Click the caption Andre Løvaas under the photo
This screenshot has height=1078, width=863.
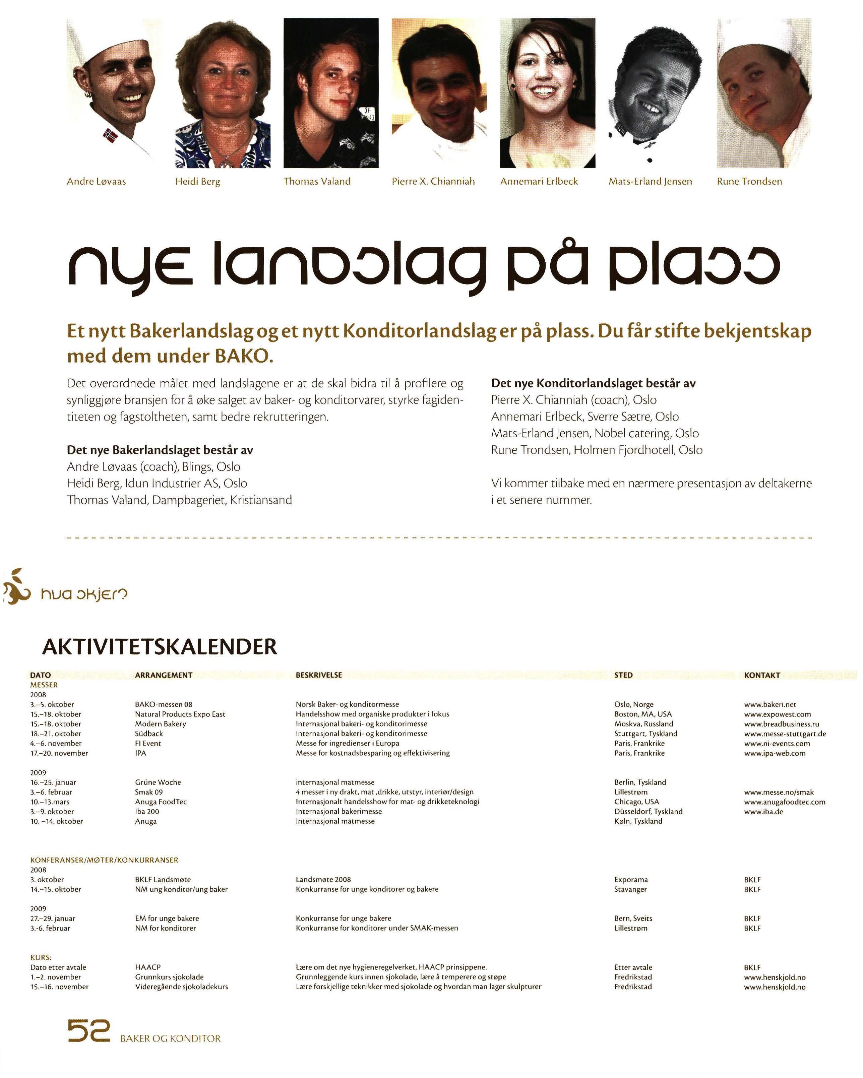[x=97, y=182]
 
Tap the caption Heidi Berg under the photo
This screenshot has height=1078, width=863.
[x=197, y=182]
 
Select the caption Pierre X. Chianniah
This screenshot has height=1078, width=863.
[x=433, y=182]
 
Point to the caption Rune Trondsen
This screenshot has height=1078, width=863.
[x=749, y=182]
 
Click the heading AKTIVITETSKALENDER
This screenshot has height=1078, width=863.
[x=160, y=646]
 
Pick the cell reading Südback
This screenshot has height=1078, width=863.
[x=149, y=734]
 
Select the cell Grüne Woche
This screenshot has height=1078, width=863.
[x=158, y=782]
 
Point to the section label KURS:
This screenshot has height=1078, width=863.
[x=41, y=957]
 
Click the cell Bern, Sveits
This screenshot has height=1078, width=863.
[x=633, y=918]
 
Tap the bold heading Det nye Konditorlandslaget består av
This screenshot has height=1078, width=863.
[x=593, y=383]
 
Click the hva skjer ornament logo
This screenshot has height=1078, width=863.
[x=15, y=587]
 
